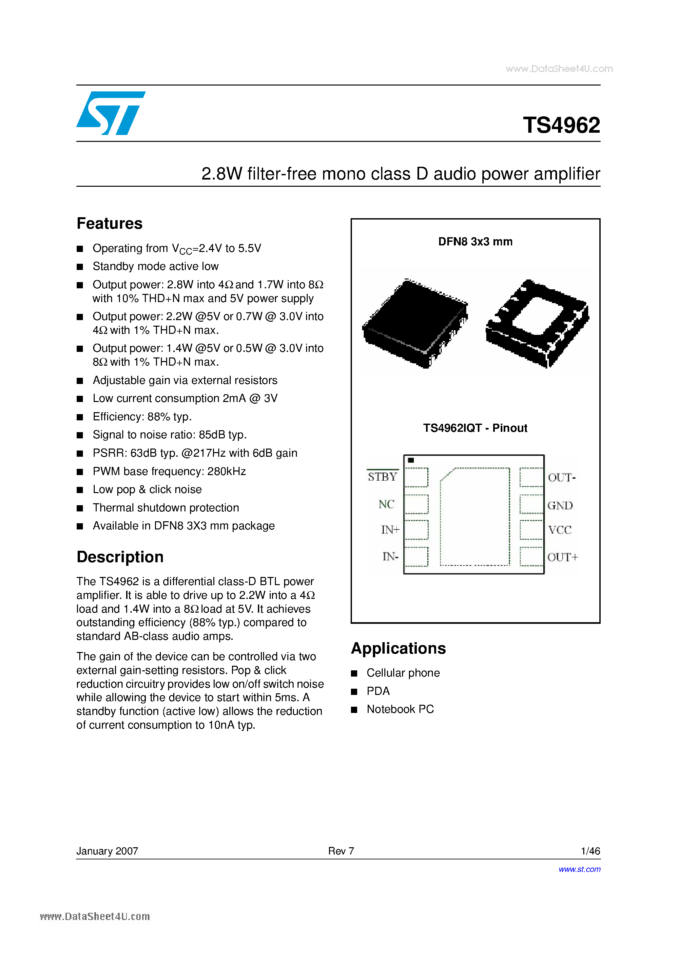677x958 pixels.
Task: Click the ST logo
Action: [111, 113]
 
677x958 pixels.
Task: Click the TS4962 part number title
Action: [561, 125]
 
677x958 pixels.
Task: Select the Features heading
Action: [109, 224]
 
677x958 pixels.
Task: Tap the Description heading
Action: [120, 557]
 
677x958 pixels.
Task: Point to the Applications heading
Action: [398, 648]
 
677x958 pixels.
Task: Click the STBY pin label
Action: [382, 477]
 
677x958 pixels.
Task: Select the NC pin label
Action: [386, 505]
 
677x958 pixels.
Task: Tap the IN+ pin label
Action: [390, 530]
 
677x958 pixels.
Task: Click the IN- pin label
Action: [390, 557]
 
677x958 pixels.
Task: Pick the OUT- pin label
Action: [561, 478]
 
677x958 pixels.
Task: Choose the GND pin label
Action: [560, 506]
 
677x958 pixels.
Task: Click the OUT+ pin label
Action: [562, 557]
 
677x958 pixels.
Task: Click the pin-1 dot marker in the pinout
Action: [411, 460]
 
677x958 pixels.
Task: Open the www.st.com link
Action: [579, 869]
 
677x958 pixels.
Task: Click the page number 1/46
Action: [590, 851]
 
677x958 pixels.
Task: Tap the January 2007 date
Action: [107, 851]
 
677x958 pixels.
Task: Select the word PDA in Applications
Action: [378, 691]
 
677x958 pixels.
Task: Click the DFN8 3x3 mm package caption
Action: [475, 241]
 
